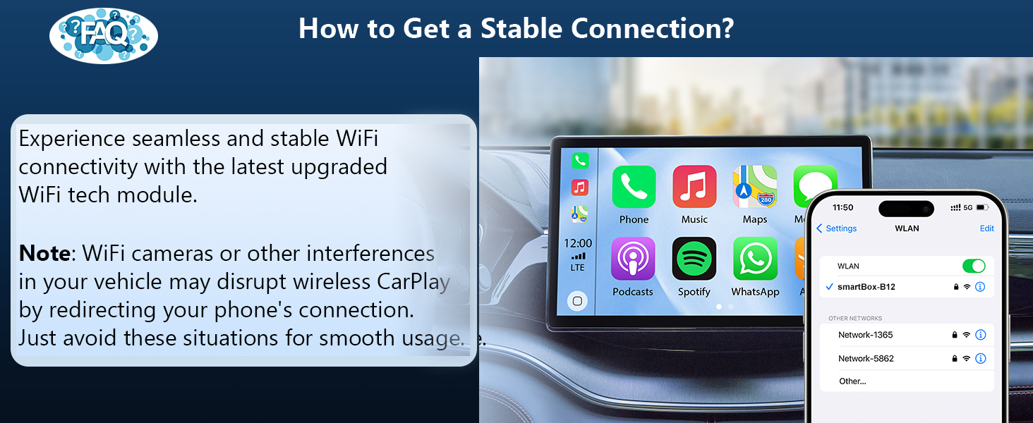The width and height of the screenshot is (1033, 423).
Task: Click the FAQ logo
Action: click(x=104, y=35)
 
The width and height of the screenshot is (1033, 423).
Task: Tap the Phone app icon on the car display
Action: click(x=634, y=187)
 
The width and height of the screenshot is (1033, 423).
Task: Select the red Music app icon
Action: click(x=694, y=187)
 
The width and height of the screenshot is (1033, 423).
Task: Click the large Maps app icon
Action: click(x=755, y=187)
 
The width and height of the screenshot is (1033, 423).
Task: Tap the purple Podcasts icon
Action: click(x=633, y=259)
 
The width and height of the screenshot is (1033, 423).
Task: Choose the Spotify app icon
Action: click(x=694, y=259)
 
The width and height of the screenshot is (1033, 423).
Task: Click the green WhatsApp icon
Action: click(x=755, y=259)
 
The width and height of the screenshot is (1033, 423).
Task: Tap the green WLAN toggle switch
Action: click(x=974, y=266)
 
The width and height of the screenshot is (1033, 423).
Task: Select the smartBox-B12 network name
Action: click(x=866, y=287)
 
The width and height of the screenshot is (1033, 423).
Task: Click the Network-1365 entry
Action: click(x=866, y=335)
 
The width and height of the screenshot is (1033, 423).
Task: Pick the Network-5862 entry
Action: click(x=866, y=358)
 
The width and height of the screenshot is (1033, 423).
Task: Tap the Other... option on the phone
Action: click(x=852, y=381)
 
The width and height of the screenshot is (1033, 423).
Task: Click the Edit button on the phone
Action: click(x=986, y=228)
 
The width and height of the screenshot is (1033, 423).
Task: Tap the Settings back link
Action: click(x=837, y=228)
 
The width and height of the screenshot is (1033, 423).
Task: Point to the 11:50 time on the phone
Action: click(x=842, y=208)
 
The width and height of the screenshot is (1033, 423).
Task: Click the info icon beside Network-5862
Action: click(x=980, y=358)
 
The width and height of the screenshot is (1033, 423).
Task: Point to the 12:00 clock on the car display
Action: click(x=579, y=243)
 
